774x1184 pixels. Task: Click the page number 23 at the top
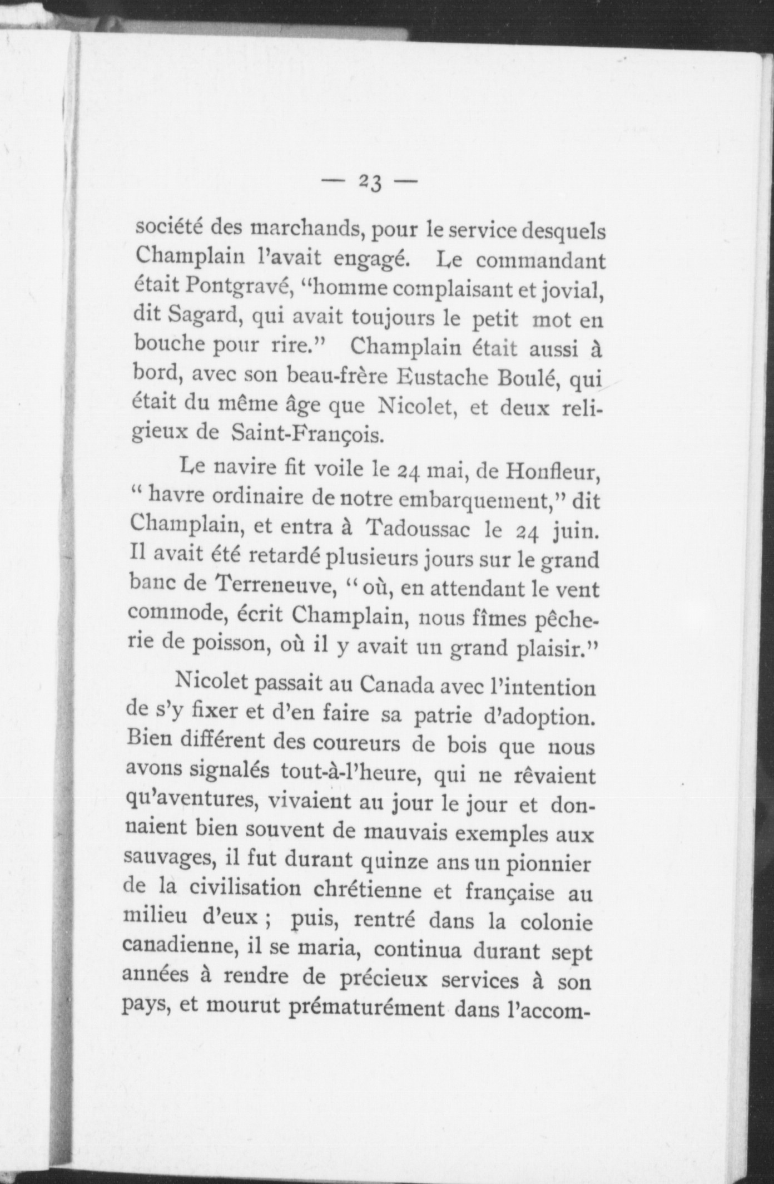369,182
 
